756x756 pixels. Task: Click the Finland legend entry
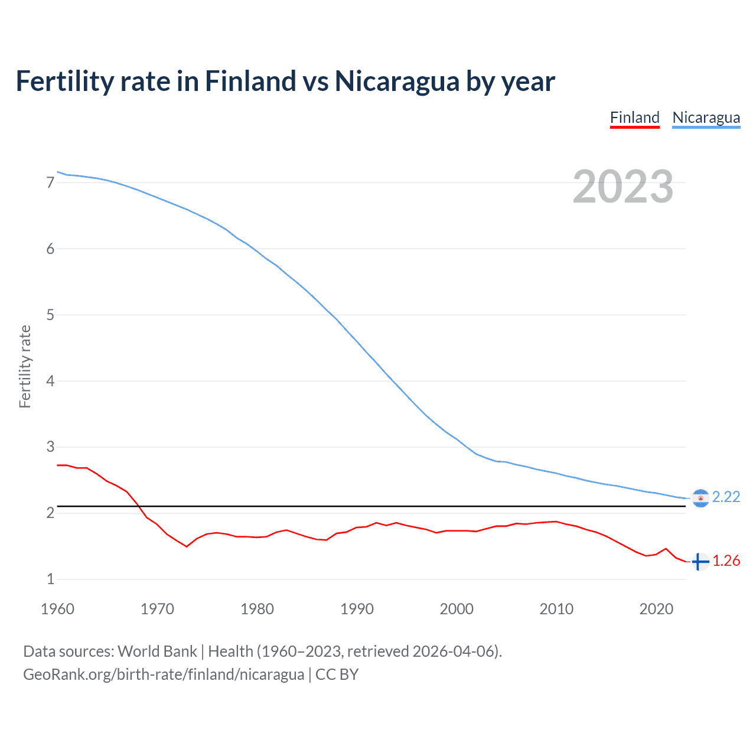pos(634,118)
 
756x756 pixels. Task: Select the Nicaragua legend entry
pos(706,118)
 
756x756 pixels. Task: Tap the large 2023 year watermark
pos(623,187)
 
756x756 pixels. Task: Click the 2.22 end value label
pos(726,497)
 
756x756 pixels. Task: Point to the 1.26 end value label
pos(726,561)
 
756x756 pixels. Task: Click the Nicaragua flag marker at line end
pos(700,498)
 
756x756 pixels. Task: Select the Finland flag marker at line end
pos(700,562)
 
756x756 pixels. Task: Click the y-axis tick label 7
pos(51,183)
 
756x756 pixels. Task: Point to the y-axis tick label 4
pos(51,381)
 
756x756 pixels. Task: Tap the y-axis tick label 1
pos(51,579)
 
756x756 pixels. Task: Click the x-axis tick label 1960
pos(57,609)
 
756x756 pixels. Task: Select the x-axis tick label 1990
pos(357,609)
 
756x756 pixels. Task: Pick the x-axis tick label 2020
pos(656,609)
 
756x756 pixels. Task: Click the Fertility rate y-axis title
pos(25,366)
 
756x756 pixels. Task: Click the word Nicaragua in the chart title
pos(396,81)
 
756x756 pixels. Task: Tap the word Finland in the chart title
pos(250,81)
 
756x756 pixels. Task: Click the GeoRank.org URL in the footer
pos(163,674)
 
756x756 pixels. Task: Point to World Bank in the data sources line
pos(157,651)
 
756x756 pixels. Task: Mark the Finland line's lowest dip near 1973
pos(187,546)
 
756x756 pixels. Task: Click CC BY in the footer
pos(337,674)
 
